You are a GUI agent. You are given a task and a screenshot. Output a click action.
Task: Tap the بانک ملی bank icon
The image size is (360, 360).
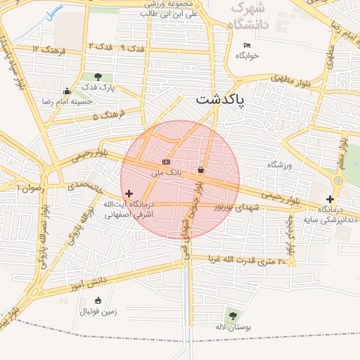tap(166, 161)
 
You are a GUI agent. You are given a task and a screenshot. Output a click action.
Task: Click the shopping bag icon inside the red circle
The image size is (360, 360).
tap(201, 169)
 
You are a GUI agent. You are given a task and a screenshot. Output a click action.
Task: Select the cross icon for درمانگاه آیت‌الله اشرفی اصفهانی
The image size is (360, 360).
tap(129, 193)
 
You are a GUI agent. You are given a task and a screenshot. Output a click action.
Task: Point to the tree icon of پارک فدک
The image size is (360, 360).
tap(97, 77)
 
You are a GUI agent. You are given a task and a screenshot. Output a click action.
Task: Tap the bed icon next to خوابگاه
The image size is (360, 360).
tap(246, 45)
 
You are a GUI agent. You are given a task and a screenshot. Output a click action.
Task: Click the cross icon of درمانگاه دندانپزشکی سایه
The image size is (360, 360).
tap(330, 199)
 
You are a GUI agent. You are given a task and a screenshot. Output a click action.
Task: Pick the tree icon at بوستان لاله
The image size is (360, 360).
tap(232, 316)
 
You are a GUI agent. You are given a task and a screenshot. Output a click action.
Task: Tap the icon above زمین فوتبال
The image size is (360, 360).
tap(97, 300)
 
